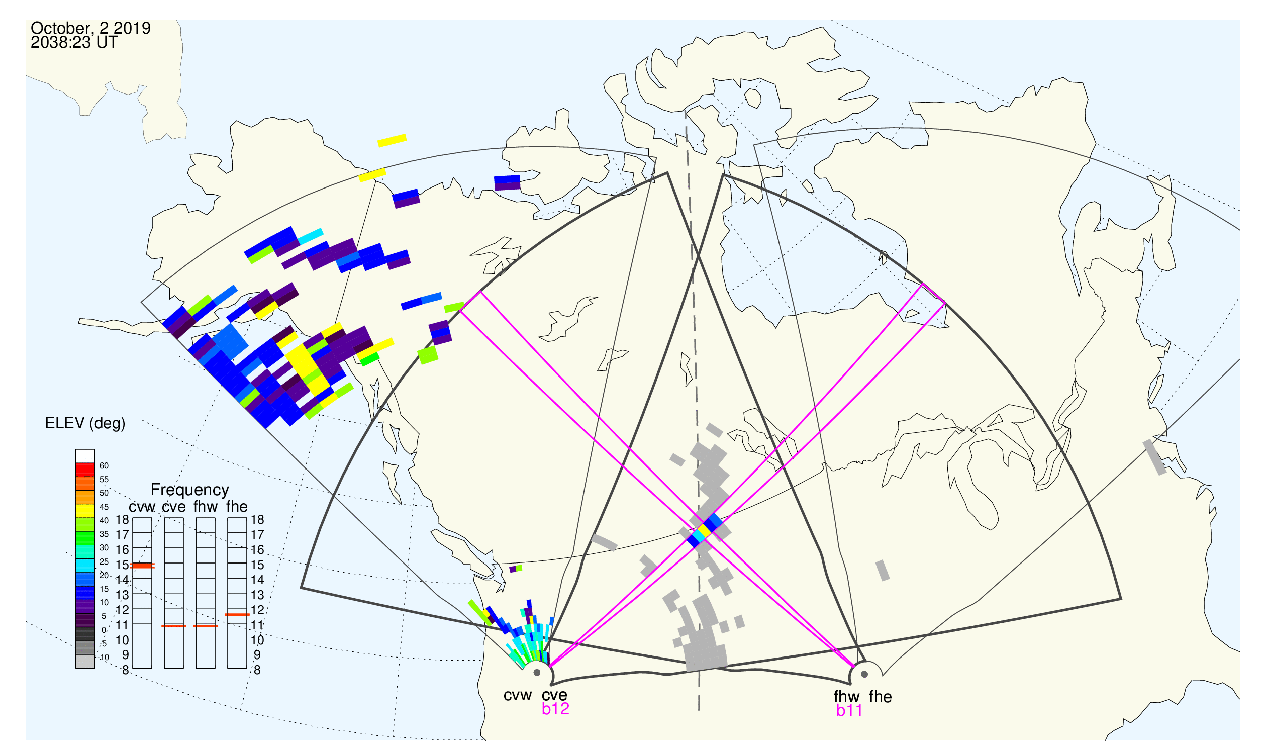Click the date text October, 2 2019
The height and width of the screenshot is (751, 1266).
pyautogui.click(x=90, y=28)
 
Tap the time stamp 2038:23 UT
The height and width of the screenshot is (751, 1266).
pyautogui.click(x=74, y=43)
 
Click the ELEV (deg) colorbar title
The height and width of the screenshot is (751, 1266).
pyautogui.click(x=85, y=424)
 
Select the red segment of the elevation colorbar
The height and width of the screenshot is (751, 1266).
pyautogui.click(x=85, y=470)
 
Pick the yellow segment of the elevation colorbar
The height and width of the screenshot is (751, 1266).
pyautogui.click(x=85, y=511)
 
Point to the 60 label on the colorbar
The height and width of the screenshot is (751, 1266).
pyautogui.click(x=104, y=466)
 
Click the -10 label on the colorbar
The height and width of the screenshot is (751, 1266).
pyautogui.click(x=104, y=658)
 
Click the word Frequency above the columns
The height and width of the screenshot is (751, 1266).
pyautogui.click(x=190, y=490)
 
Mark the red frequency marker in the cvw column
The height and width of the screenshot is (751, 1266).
pyautogui.click(x=142, y=566)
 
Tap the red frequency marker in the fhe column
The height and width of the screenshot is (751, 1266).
pyautogui.click(x=237, y=615)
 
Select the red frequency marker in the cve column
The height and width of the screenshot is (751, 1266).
pyautogui.click(x=174, y=626)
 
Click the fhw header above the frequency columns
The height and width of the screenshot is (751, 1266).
pyautogui.click(x=206, y=507)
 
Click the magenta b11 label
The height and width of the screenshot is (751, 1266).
pyautogui.click(x=849, y=711)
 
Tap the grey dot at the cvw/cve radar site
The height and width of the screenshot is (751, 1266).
pyautogui.click(x=537, y=673)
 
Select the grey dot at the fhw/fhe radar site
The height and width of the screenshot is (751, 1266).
pyautogui.click(x=865, y=674)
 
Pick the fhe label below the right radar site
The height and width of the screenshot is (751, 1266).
pyautogui.click(x=881, y=697)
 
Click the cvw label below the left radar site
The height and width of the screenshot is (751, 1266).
pyautogui.click(x=518, y=696)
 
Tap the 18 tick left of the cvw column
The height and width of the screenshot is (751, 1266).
pyautogui.click(x=123, y=520)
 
